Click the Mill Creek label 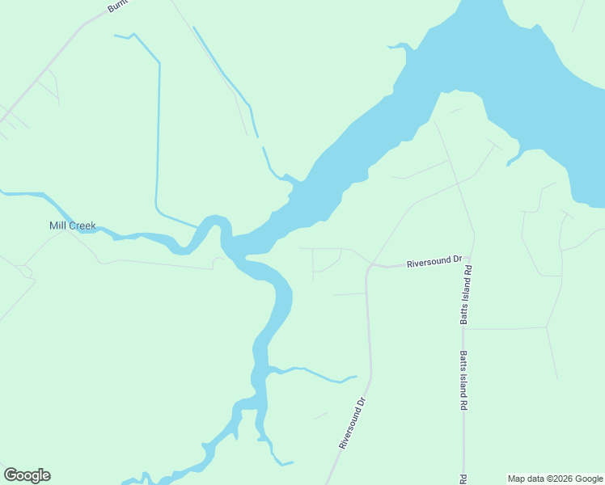[x=72, y=226]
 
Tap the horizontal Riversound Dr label [x=434, y=262]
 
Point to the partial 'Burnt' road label [x=118, y=6]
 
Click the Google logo [x=27, y=475]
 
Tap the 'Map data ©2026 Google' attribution [x=554, y=479]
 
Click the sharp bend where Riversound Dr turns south [x=369, y=268]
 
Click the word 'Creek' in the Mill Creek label [x=82, y=226]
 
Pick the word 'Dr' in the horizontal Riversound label [x=456, y=260]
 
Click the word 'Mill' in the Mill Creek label [x=57, y=226]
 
